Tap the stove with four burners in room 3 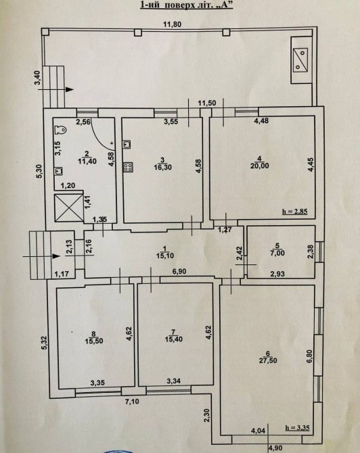pos(128,166)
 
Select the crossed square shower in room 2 pos(69,208)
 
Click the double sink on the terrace pos(300,59)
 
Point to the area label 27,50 pos(268,361)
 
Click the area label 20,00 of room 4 pos(260,166)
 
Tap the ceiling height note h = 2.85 pos(294,212)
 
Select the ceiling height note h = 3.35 pos(297,428)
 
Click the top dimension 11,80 pos(173,24)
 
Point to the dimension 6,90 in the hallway pos(179,271)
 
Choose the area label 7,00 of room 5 pos(277,254)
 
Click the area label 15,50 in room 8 pos(94,341)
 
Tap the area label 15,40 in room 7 pos(174,339)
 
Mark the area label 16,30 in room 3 pos(163,167)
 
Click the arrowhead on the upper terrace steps pos(70,89)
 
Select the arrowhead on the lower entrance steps pos(57,256)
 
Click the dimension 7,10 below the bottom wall pos(131,402)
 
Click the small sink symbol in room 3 pos(127,144)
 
